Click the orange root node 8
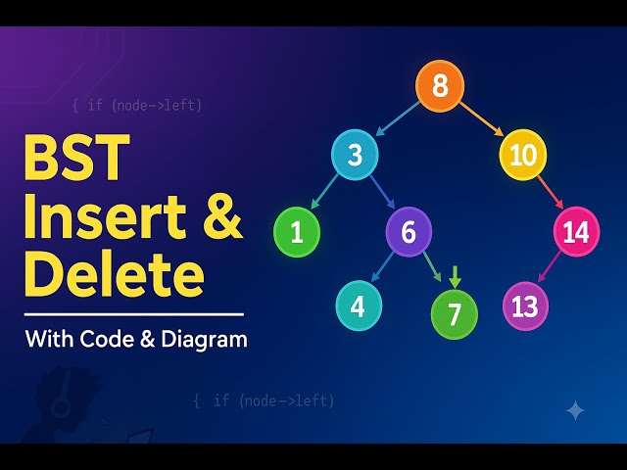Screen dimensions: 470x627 pyautogui.click(x=440, y=86)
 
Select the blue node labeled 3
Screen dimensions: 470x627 pyautogui.click(x=356, y=156)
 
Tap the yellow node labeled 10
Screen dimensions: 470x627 pyautogui.click(x=523, y=155)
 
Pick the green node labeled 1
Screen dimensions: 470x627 pyautogui.click(x=297, y=233)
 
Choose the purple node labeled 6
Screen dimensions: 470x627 pyautogui.click(x=409, y=232)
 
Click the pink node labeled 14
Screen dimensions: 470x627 pyautogui.click(x=576, y=233)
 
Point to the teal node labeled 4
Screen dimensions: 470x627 pyautogui.click(x=359, y=306)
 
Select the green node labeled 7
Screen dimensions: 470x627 pyautogui.click(x=455, y=313)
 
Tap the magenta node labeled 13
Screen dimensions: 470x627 pyautogui.click(x=525, y=306)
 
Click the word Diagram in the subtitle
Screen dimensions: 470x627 pyautogui.click(x=202, y=340)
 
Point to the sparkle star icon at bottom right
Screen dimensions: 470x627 pyautogui.click(x=575, y=411)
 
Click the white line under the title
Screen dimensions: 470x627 pyautogui.click(x=133, y=314)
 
